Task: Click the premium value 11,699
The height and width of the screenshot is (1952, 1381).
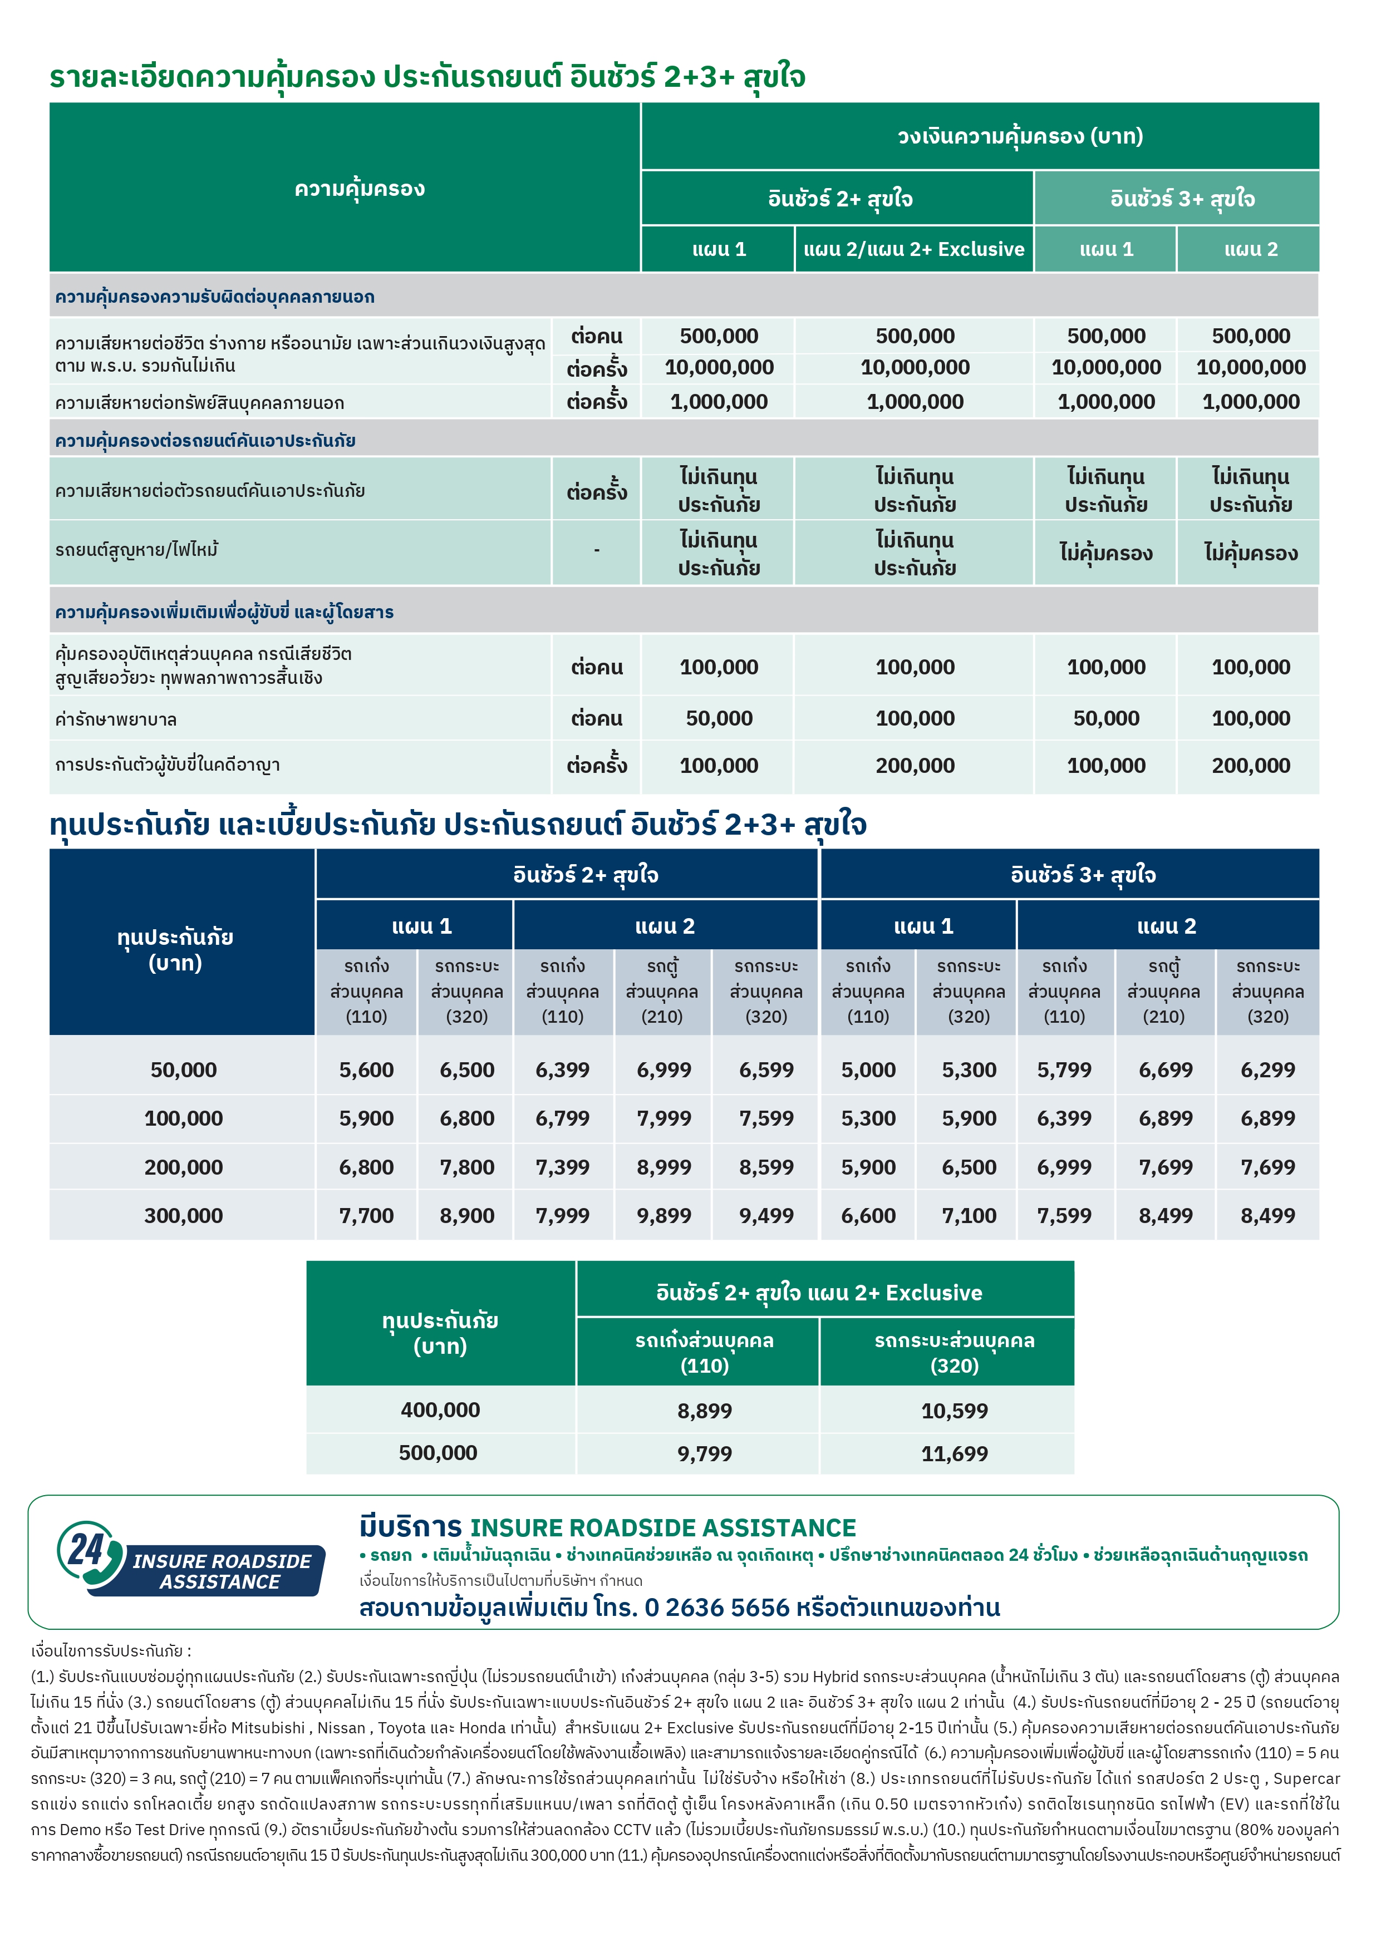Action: (x=954, y=1454)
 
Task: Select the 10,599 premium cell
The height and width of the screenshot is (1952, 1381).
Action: (x=954, y=1411)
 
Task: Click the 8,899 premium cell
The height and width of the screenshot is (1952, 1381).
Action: (x=704, y=1411)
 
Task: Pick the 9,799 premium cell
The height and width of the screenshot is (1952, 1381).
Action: (x=704, y=1454)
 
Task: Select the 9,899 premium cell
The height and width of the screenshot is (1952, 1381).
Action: (x=664, y=1216)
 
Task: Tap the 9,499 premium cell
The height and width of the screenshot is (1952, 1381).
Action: (x=765, y=1216)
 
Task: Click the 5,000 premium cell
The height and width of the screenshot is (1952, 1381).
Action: (x=867, y=1069)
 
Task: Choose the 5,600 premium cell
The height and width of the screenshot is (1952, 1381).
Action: (x=366, y=1069)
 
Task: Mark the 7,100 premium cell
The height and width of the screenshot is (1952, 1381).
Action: (x=969, y=1216)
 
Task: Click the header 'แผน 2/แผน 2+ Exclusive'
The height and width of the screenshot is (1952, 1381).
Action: (x=913, y=249)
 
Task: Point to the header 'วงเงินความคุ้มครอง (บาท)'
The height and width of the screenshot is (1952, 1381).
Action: (x=1020, y=136)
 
